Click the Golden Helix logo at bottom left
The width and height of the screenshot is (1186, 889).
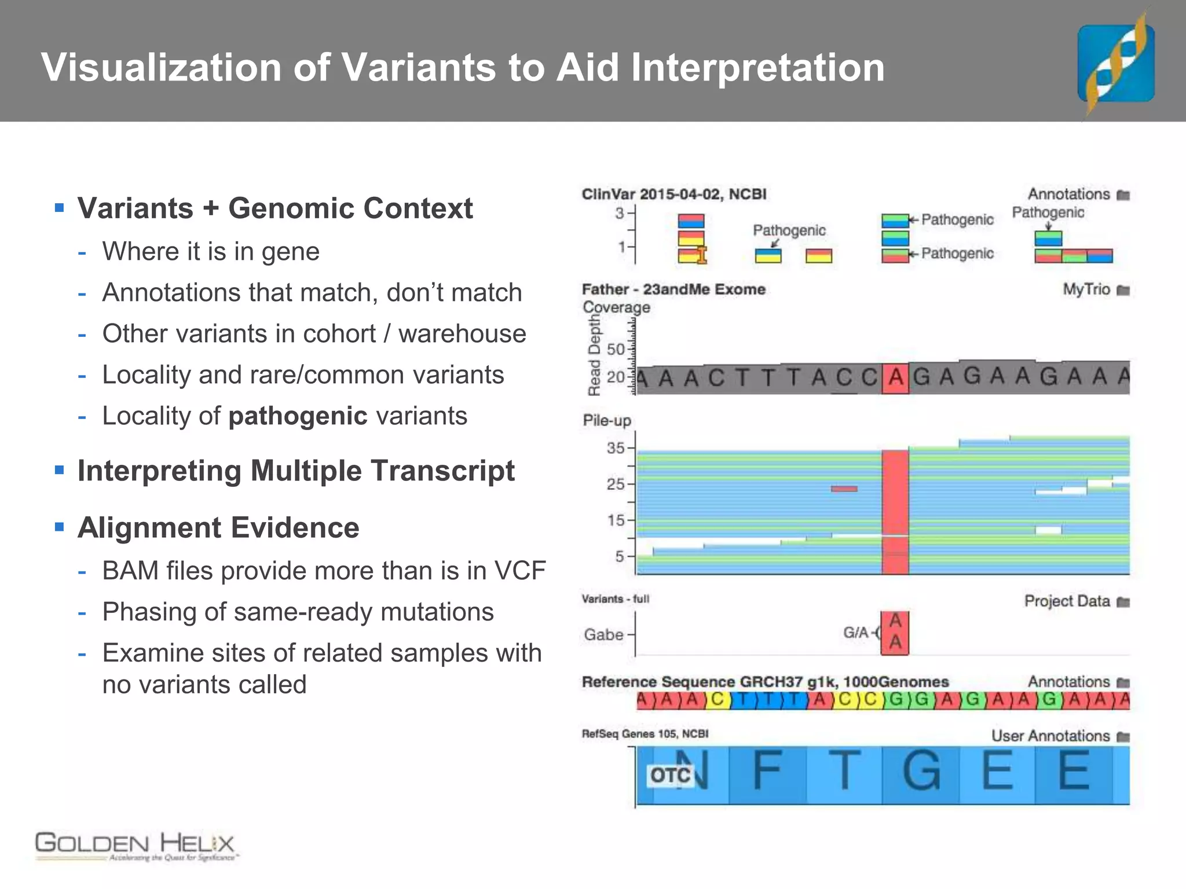pos(136,846)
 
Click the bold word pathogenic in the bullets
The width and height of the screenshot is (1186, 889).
pos(298,416)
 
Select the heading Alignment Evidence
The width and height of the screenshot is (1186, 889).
pos(218,528)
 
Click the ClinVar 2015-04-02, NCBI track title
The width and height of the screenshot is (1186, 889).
pos(673,194)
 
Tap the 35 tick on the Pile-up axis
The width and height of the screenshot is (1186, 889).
pos(616,448)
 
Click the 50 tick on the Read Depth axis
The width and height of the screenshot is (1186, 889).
pos(616,350)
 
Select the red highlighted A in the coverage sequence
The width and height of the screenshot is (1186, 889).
pos(895,378)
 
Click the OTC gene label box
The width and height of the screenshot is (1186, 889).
pos(671,775)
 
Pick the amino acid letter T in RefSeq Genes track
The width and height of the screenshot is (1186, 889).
pos(844,770)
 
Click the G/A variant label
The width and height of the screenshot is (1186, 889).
pos(856,633)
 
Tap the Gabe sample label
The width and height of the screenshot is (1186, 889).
pos(603,635)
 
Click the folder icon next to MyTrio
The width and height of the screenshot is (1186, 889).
pos(1123,290)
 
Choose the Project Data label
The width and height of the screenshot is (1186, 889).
pos(1067,601)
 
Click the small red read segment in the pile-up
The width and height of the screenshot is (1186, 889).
pos(844,489)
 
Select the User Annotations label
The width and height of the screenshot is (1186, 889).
pos(1050,736)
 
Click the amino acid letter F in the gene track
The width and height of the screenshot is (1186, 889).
pos(767,770)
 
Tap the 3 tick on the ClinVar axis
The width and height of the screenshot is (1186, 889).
pos(620,214)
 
